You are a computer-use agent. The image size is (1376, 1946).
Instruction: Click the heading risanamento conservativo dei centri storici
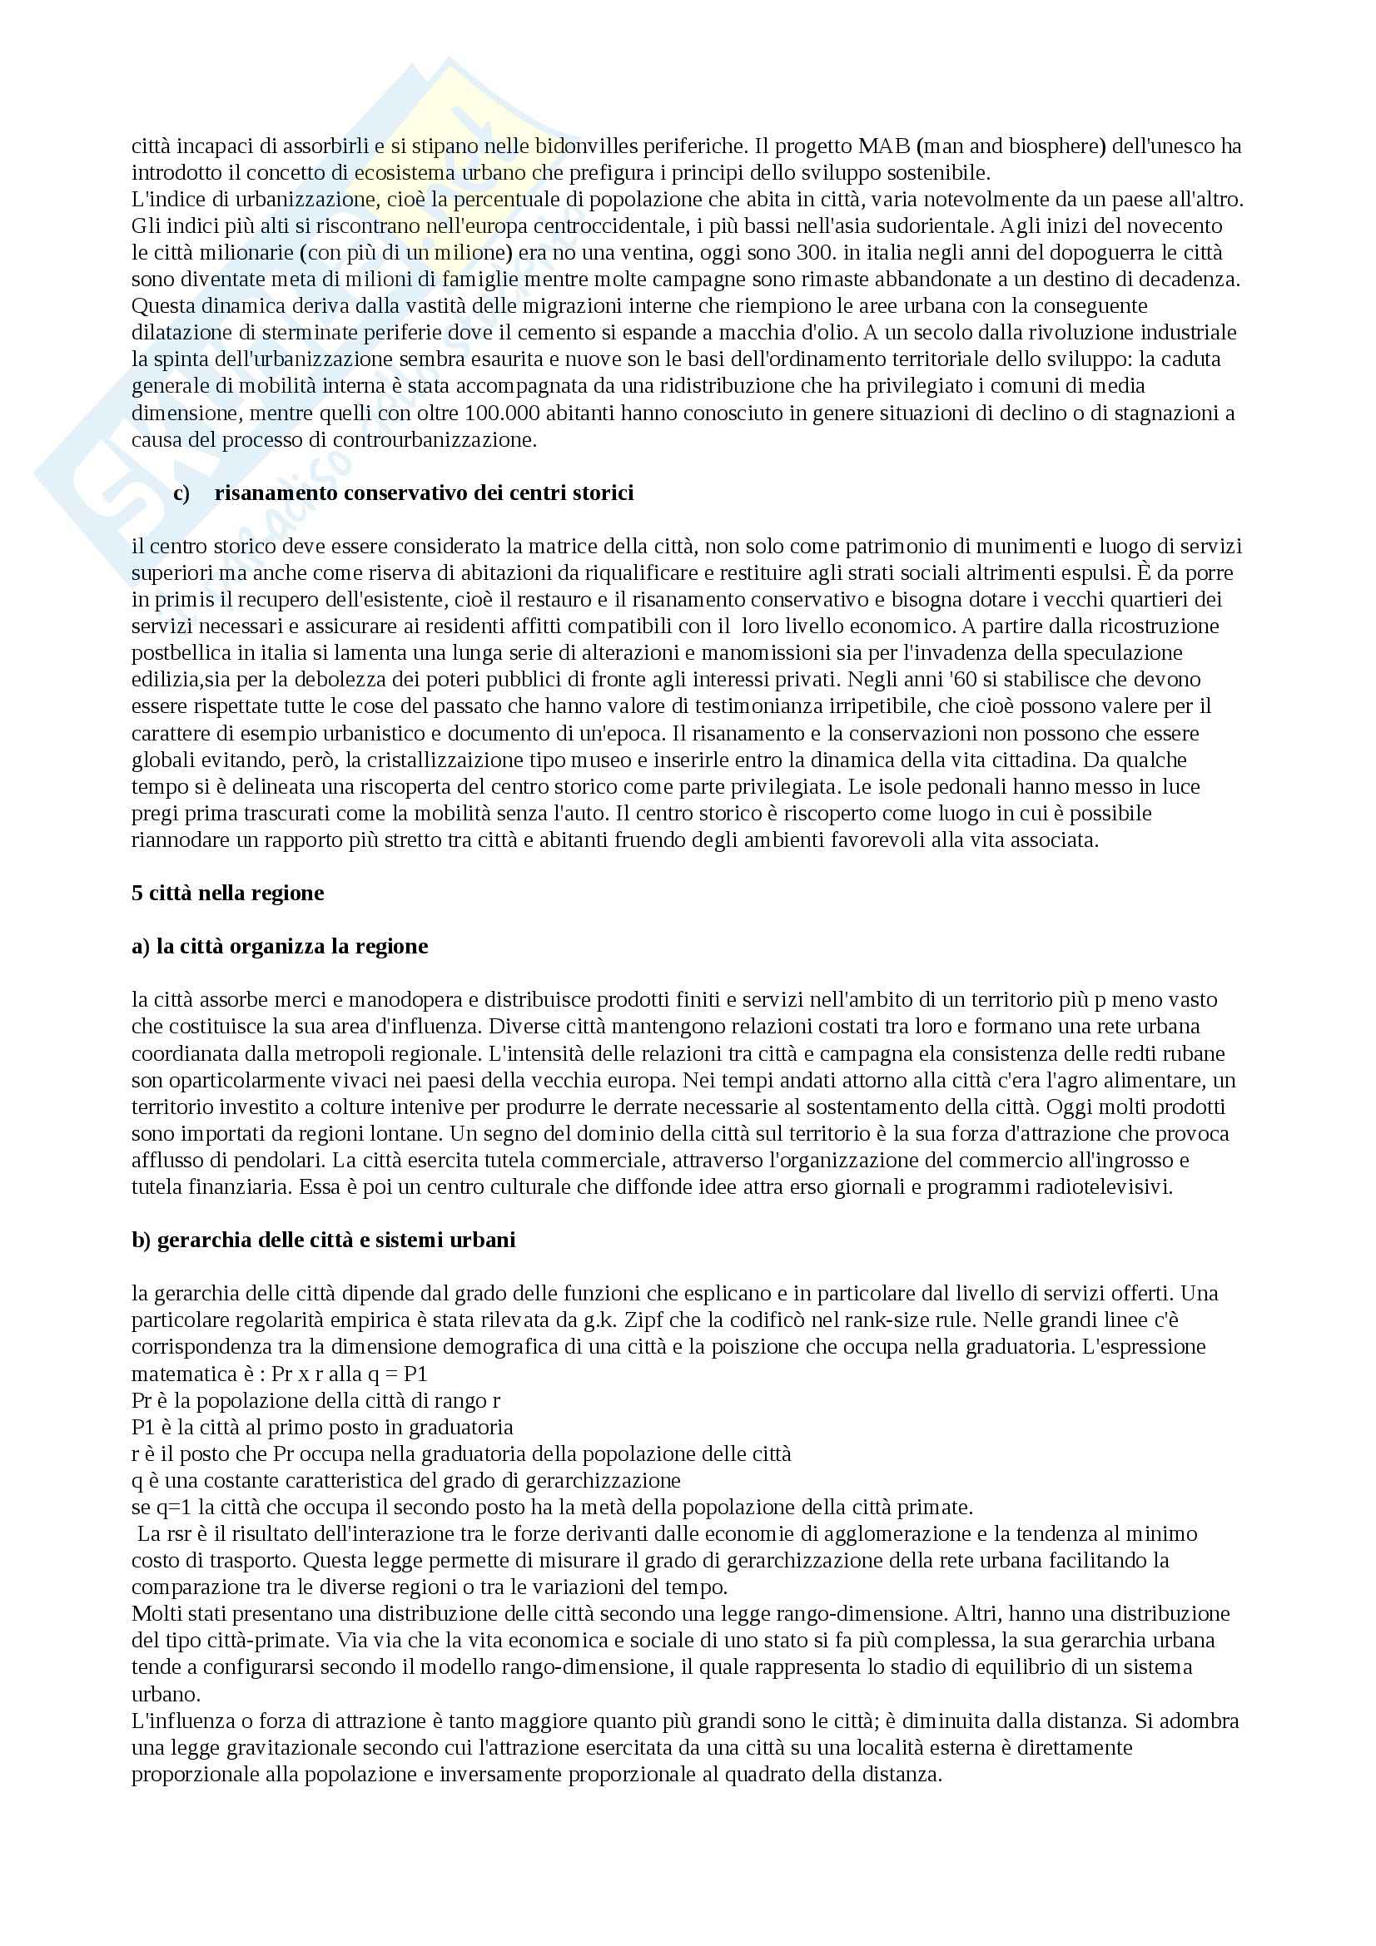click(424, 493)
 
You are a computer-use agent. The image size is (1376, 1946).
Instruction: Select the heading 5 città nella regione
click(227, 894)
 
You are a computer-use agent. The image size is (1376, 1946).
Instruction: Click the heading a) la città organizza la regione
click(280, 947)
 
